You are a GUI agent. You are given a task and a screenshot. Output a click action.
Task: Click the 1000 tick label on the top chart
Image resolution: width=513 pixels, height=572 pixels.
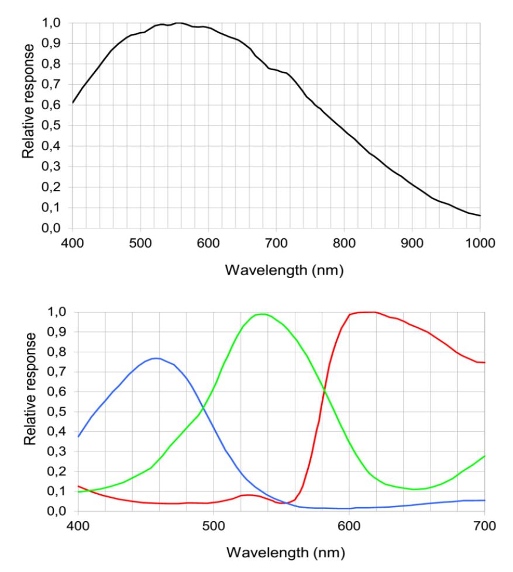point(480,241)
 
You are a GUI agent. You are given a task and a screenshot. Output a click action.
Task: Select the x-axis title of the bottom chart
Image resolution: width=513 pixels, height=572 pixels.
point(281,553)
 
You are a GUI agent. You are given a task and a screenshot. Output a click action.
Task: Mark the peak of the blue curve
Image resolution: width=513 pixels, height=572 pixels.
point(155,358)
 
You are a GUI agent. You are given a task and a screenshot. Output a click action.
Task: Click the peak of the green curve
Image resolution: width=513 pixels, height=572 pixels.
point(261,314)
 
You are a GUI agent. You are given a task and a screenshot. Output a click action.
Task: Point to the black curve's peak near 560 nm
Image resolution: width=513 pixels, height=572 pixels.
point(180,23)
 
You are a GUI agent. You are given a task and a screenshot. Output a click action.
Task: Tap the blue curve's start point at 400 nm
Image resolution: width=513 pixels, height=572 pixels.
point(78,436)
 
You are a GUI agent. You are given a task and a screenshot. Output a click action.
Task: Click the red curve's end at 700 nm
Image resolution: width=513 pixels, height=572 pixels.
point(485,363)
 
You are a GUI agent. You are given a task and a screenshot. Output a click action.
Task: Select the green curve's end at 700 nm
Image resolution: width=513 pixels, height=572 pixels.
point(485,456)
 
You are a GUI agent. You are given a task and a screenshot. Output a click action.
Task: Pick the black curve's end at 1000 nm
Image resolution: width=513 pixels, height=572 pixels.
point(480,216)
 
